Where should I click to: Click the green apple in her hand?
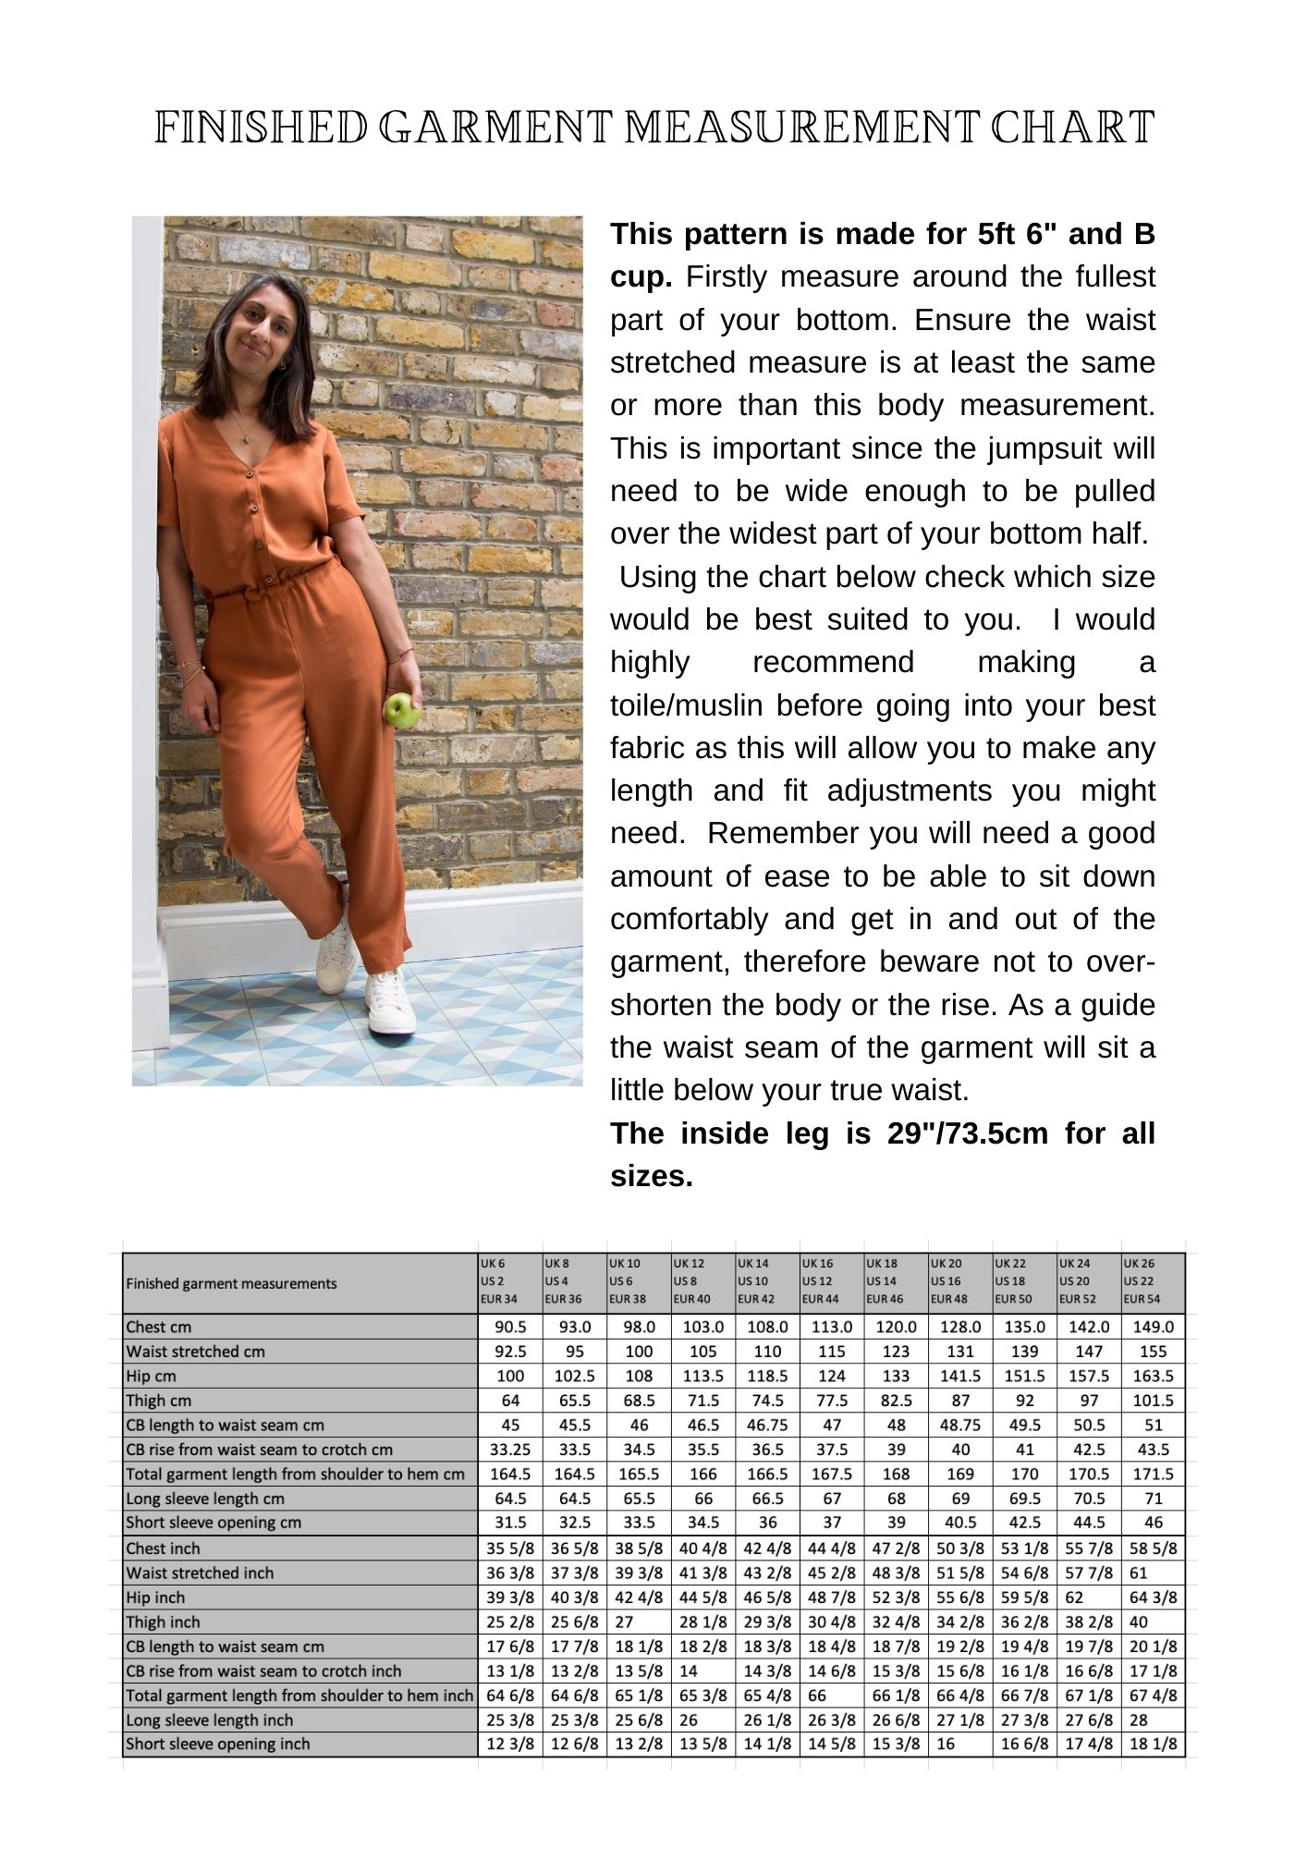point(401,710)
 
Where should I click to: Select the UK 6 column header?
point(509,1280)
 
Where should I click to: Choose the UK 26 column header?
point(1153,1280)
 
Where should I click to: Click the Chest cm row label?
point(159,1327)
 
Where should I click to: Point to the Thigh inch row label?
point(164,1622)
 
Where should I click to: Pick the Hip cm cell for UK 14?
point(767,1376)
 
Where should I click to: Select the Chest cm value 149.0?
point(1153,1327)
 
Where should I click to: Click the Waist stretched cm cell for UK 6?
point(509,1352)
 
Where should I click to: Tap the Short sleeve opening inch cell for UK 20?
point(959,1744)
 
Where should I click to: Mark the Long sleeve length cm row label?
point(205,1499)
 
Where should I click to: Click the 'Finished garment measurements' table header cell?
point(232,1283)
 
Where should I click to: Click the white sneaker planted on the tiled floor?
point(388,1003)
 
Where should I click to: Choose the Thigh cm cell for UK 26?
point(1153,1401)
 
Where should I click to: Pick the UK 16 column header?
point(831,1280)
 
